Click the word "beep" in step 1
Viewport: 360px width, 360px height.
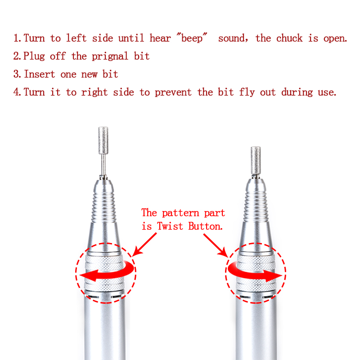coord(192,38)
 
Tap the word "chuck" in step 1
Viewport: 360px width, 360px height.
coord(289,38)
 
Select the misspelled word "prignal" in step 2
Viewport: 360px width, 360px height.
coord(110,57)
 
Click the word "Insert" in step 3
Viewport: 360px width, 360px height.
coord(40,74)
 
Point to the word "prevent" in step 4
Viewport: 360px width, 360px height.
coord(173,93)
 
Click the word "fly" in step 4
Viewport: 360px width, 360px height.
coord(247,92)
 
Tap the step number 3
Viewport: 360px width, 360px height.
coord(17,74)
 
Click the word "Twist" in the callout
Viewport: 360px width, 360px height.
coord(170,226)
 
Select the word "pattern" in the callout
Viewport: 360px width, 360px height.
coord(180,213)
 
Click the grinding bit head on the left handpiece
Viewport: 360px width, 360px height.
coord(103,140)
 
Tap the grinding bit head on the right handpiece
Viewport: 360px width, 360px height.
coord(256,161)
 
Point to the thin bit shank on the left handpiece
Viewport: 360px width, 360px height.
coord(103,165)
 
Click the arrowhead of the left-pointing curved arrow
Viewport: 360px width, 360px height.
coord(88,275)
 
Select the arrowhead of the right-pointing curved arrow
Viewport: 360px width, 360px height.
coord(273,276)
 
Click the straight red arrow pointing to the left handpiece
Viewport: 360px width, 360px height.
coord(144,245)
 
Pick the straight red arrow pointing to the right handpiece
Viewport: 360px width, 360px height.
coord(216,245)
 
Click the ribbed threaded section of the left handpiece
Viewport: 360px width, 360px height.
coord(103,208)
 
